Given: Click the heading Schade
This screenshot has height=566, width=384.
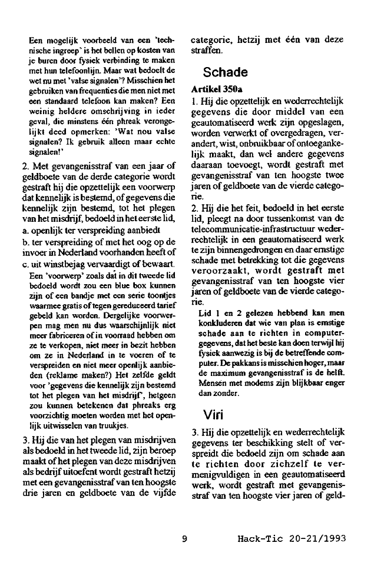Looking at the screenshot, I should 225,73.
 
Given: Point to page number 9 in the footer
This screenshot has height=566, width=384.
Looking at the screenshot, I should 184,538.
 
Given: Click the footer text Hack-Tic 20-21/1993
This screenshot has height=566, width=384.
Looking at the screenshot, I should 291,538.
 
